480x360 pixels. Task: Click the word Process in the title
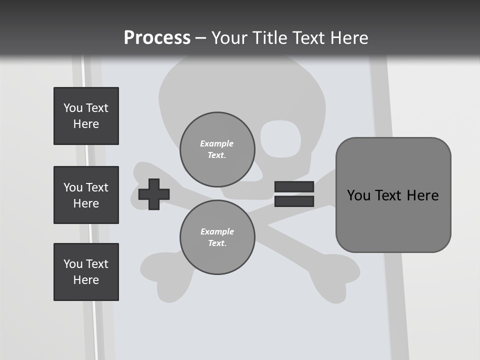click(157, 38)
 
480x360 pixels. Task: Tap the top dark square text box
click(86, 116)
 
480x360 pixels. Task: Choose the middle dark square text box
click(86, 195)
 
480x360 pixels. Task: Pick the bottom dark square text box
click(86, 272)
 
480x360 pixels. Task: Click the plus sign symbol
click(154, 194)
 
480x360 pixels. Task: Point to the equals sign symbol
click(294, 194)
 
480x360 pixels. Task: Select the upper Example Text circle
click(217, 149)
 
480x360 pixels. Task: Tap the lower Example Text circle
click(217, 237)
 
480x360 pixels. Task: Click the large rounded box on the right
click(393, 195)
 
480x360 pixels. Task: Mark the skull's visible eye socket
click(280, 138)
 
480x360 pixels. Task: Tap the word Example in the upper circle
click(217, 143)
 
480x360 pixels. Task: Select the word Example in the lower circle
click(217, 231)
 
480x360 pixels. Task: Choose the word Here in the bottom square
click(86, 280)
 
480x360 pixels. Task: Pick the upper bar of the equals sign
click(294, 187)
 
